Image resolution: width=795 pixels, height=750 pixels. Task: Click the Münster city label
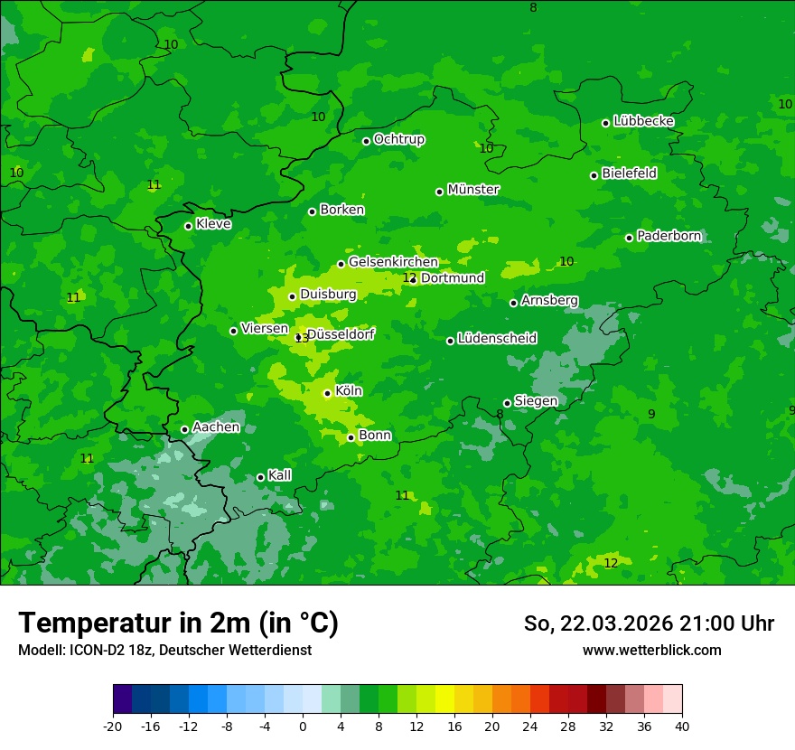coord(473,190)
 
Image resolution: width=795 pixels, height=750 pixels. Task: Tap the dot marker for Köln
coord(327,393)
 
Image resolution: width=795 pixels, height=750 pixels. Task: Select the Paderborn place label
coord(669,236)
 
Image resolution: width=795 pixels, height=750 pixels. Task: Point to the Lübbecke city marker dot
coord(605,123)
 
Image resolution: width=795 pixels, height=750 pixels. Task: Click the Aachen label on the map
coord(216,427)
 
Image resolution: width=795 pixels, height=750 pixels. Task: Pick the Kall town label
coord(280,475)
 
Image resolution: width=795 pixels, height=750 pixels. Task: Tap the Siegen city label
coord(536,401)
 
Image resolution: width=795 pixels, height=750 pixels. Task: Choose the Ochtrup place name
coord(399,139)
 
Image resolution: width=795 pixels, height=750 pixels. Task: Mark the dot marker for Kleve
coord(188,226)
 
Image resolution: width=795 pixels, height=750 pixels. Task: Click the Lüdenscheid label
coord(497,339)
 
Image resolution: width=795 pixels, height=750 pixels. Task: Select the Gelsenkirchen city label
coord(393,262)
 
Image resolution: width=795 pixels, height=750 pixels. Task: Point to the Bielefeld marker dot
coord(594,175)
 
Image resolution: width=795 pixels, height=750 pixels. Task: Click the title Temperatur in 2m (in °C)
coord(178,623)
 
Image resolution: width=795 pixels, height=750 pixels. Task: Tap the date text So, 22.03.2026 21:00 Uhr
coord(649,623)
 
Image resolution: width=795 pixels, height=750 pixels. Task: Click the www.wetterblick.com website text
coord(651,651)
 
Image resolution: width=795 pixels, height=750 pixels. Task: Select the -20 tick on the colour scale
coord(113,727)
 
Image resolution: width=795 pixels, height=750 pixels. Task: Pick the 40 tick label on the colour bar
coord(682,727)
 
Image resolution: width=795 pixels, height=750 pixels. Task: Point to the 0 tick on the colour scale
coord(303,727)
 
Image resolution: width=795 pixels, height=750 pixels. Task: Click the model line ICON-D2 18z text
coord(164,651)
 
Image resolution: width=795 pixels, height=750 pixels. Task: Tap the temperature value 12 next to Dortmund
coord(409,277)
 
